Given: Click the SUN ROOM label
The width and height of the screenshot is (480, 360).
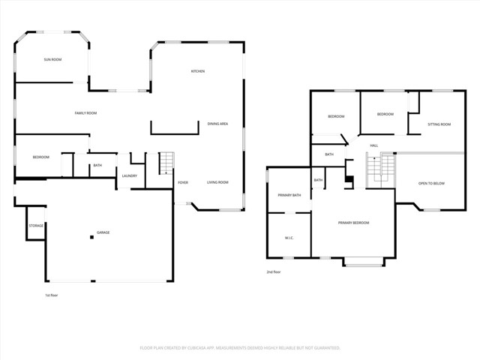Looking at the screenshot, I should pos(52,58).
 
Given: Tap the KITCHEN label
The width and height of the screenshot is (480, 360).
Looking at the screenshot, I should pos(198,71).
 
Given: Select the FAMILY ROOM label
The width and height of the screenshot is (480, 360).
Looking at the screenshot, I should pos(86,113).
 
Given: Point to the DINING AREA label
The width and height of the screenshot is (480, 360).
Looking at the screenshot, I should pos(218,124).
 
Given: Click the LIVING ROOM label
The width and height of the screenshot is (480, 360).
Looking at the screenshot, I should pos(217,182).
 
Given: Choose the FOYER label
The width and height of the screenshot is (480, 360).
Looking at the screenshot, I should pos(182,182).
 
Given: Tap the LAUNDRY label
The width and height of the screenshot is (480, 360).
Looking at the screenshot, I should pos(129,175).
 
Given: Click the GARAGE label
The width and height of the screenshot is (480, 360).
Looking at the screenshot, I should pos(103,232).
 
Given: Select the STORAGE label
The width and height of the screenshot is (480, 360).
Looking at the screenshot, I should pos(36,226).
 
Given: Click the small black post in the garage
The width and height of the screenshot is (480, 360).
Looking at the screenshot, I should pos(92,237).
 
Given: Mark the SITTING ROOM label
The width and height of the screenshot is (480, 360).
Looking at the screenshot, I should pos(439,124).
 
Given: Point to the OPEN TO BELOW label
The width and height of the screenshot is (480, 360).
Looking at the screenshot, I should pos(431,183).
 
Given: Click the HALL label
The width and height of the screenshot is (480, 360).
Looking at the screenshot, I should pos(373,145).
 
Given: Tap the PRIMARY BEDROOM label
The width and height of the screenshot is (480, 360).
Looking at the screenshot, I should pos(354,223).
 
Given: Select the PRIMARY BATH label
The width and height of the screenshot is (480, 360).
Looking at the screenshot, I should pos(289,195).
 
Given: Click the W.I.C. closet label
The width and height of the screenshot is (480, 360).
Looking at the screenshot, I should pos(289,238).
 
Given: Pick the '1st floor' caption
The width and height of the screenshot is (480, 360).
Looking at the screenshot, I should pos(51,295).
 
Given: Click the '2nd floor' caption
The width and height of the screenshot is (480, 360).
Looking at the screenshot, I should pos(274,271).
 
